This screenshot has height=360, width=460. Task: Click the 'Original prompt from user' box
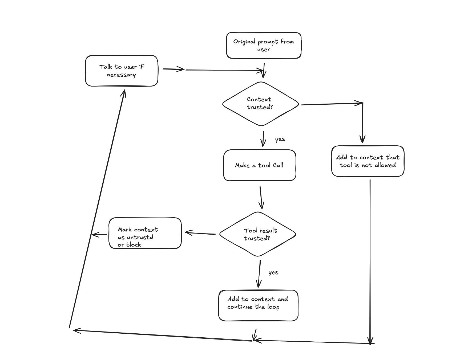pos(264,46)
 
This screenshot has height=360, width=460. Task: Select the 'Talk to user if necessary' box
pos(122,71)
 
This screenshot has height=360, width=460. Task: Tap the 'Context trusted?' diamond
pos(260,104)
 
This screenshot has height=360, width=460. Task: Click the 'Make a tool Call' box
pos(259,165)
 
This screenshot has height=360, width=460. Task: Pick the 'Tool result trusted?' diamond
pos(258,234)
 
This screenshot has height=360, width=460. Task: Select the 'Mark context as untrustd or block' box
pos(145,233)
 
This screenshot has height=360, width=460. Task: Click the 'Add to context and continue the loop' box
pos(258,305)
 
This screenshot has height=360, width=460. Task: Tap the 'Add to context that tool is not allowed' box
pos(368,161)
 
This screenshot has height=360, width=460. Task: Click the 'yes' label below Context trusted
pos(280,139)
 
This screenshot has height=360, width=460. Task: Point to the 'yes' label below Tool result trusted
pos(273,273)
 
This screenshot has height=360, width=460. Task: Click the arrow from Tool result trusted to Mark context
pos(200,234)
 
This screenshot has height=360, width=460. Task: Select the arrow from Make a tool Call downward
pos(261,198)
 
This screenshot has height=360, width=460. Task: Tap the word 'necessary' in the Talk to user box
pos(121,75)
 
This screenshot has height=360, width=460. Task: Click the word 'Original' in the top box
pos(244,42)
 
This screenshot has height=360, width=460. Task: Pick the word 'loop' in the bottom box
pos(273,307)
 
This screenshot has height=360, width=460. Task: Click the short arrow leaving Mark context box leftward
pos(99,235)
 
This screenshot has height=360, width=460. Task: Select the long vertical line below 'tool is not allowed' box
pos(370,261)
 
